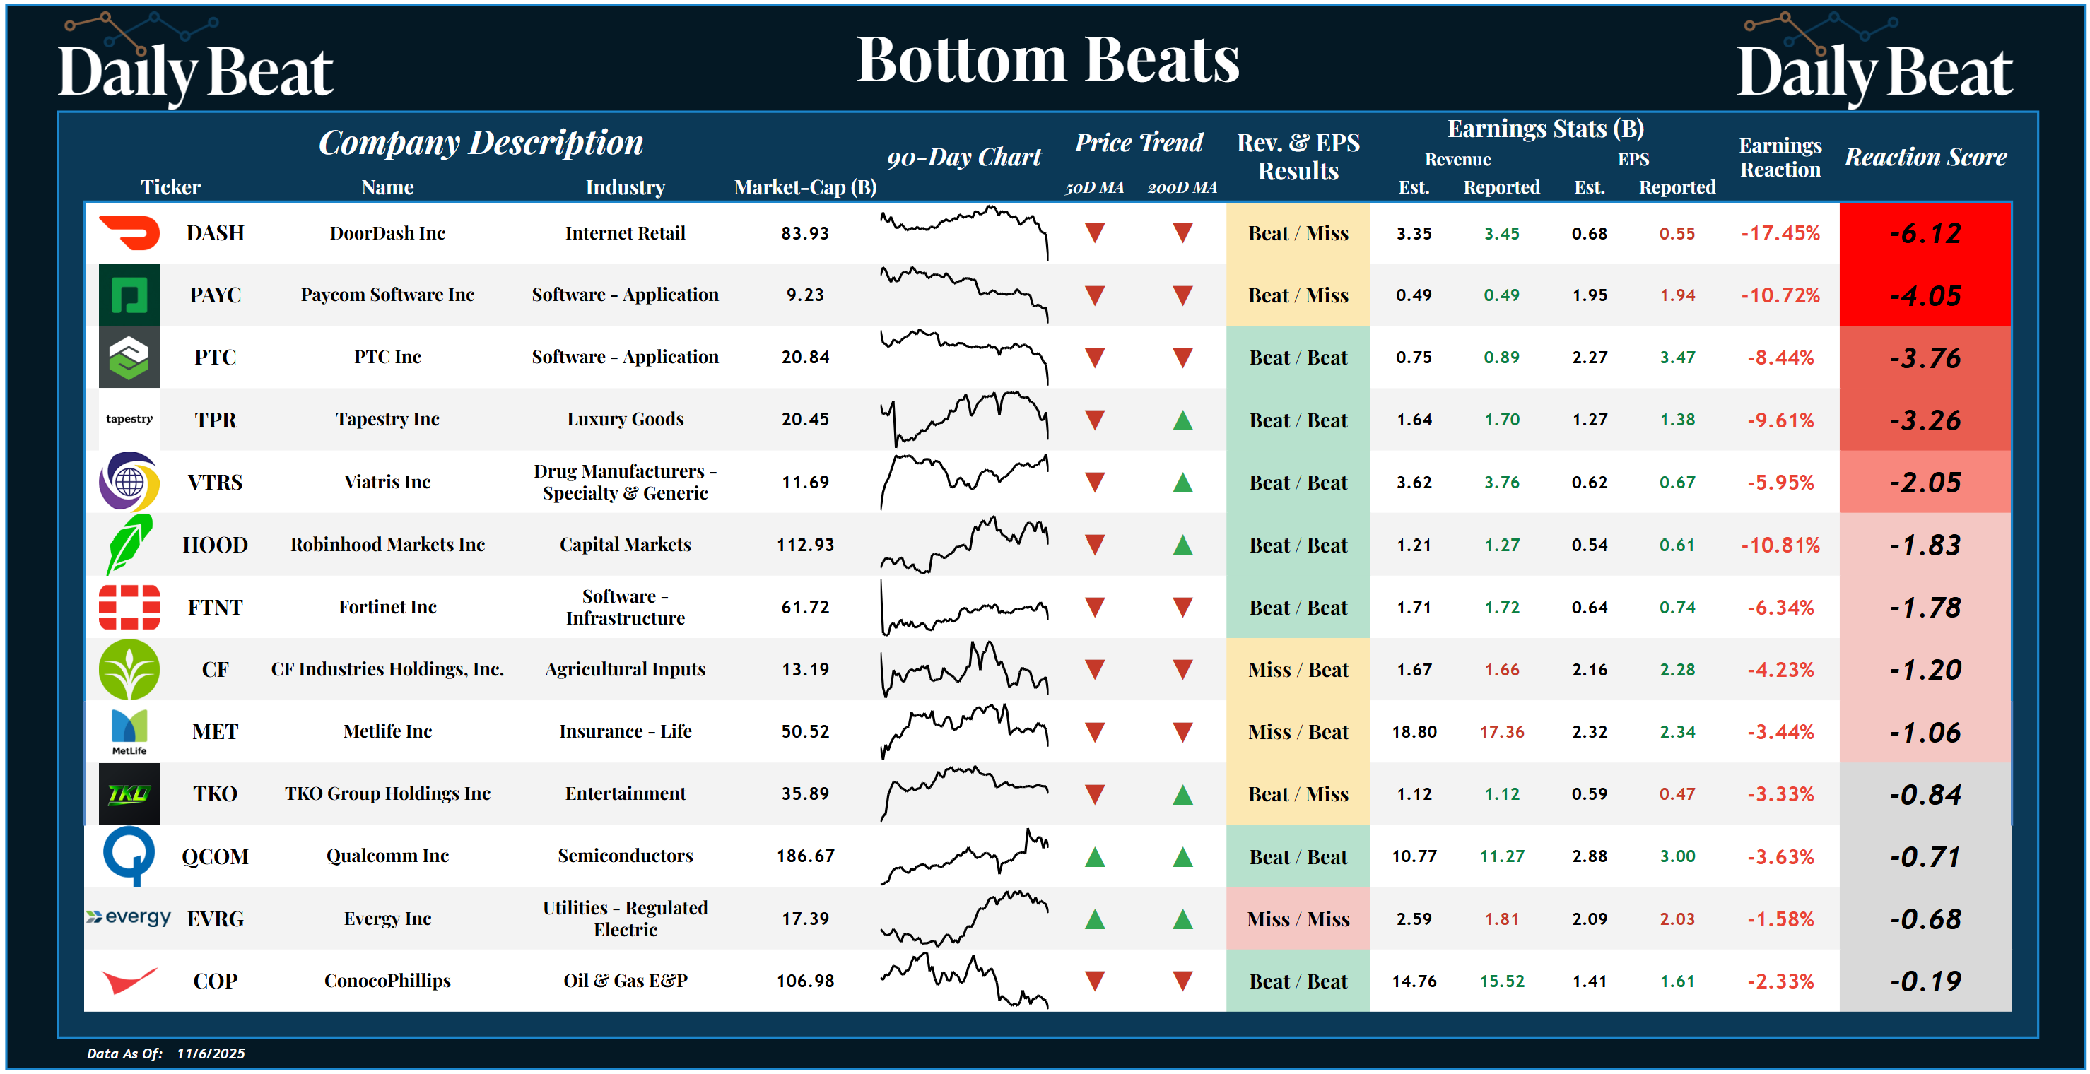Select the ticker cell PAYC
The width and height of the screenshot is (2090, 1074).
[x=215, y=295]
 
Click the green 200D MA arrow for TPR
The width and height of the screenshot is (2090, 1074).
[x=1182, y=420]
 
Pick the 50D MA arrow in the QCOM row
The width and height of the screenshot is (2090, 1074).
[x=1095, y=856]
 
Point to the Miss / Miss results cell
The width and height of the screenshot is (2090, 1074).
[x=1297, y=919]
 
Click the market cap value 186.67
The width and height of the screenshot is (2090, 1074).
[x=805, y=856]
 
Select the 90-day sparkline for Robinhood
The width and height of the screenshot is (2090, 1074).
[x=964, y=545]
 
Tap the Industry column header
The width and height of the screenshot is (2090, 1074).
[x=625, y=187]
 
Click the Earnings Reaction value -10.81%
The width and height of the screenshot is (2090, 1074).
[x=1780, y=545]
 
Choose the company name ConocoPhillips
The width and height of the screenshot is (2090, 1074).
[x=387, y=981]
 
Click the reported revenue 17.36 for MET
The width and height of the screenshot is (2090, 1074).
[x=1501, y=732]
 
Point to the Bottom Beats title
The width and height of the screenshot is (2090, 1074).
[x=1047, y=60]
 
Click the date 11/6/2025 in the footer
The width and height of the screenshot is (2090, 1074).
[x=211, y=1053]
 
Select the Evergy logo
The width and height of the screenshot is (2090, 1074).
[x=129, y=917]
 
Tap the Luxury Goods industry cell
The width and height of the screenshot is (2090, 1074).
[x=625, y=420]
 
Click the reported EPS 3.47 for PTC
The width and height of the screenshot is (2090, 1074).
[x=1677, y=358]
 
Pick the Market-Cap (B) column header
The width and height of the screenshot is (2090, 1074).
[x=805, y=187]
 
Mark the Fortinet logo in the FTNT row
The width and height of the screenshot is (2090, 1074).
[x=129, y=607]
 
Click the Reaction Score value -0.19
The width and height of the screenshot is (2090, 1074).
[x=1925, y=981]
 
